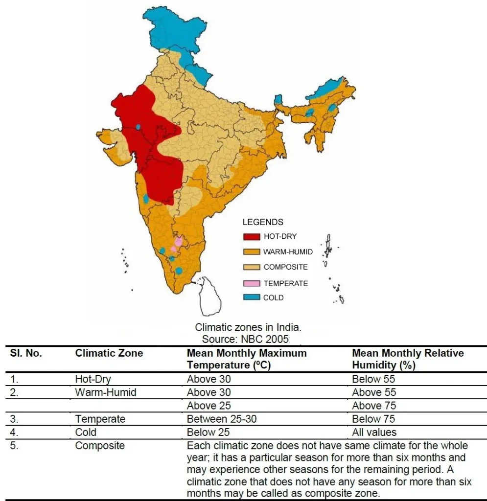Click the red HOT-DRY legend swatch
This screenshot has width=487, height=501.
pos(251,237)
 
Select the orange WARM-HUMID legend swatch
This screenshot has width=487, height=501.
pos(251,252)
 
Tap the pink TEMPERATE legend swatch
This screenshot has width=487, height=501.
pos(251,283)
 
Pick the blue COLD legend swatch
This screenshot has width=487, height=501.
pos(251,297)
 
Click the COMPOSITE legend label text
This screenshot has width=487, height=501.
pos(285,267)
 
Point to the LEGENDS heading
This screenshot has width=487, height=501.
pos(263,222)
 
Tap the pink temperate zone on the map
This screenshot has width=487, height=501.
pos(179,242)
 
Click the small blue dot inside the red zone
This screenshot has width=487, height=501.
pos(138,127)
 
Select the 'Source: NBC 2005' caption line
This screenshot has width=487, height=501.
pos(245,339)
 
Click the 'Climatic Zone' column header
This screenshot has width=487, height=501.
pos(109,353)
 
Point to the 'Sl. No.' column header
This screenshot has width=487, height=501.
pos(26,353)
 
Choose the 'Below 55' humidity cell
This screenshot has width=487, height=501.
pos(373,379)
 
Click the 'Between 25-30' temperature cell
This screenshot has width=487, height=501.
pos(218,419)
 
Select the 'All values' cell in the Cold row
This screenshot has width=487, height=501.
pos(374,432)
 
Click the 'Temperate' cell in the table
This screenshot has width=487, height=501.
pos(100,419)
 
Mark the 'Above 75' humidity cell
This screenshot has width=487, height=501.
pos(374,406)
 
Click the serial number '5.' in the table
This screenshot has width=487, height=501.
pos(14,446)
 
